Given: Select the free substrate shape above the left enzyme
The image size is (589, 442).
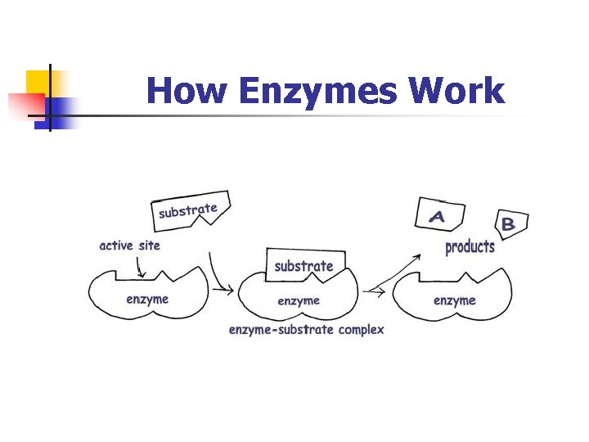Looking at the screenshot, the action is click(x=190, y=210).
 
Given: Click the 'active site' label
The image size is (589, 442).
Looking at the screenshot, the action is click(x=129, y=246).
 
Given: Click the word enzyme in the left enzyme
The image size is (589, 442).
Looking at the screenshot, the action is click(x=147, y=299).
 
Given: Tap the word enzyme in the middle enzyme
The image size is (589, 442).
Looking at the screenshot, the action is click(x=299, y=301).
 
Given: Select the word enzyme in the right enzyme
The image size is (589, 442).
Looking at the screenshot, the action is click(x=455, y=300).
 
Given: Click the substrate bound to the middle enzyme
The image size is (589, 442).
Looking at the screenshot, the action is click(x=304, y=265).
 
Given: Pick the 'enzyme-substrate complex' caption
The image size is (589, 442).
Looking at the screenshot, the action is click(x=306, y=330).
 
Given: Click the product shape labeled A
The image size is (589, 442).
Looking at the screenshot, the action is click(x=439, y=215).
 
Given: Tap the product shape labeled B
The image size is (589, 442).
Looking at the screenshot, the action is click(x=510, y=223).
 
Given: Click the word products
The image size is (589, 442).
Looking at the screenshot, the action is click(x=470, y=246).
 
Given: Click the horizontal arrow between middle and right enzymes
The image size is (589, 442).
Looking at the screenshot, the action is click(x=375, y=291).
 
